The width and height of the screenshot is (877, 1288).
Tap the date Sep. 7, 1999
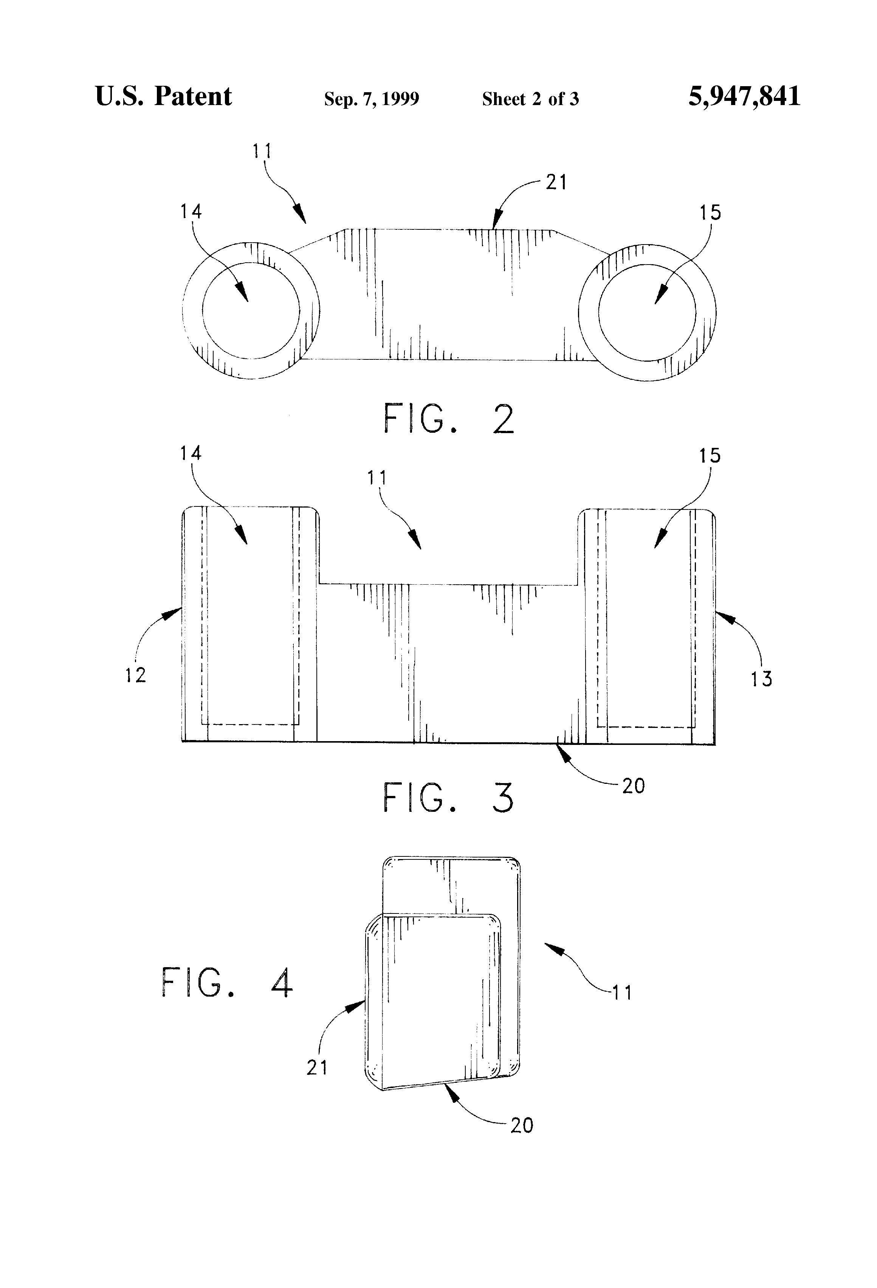372,99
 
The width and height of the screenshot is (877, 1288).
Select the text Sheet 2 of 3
530,99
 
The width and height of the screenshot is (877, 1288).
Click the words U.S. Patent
164,96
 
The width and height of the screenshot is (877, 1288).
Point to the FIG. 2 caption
449,419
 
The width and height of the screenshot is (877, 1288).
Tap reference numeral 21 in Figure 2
556,182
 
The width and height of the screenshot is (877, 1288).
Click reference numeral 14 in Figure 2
191,211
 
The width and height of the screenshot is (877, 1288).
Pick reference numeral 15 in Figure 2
710,213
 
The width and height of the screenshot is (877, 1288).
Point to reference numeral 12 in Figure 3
135,675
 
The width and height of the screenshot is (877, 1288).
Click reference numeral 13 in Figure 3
761,679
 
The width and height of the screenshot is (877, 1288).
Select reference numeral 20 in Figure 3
633,786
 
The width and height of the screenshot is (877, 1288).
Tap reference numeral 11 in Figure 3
377,478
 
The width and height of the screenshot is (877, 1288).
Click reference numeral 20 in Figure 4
522,1125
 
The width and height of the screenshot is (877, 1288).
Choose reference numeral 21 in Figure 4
317,1067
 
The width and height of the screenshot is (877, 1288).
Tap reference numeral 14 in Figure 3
191,454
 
